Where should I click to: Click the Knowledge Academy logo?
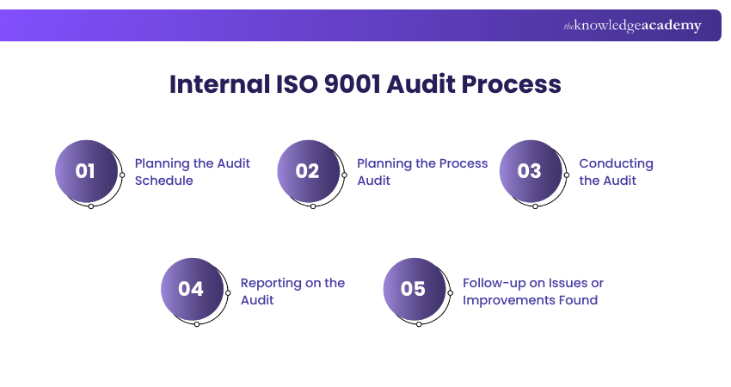632,26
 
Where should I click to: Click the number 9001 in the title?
352,84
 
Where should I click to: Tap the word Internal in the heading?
219,84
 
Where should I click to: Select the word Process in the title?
512,84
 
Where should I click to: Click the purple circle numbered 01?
87,171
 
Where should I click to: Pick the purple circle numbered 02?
309,171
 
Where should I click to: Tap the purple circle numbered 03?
531,171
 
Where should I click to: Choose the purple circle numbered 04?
193,289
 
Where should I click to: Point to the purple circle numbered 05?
415,289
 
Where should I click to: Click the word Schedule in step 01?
163,181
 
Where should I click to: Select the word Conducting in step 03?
616,164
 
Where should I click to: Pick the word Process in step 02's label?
464,163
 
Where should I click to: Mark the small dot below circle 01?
91,206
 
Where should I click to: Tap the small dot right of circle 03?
567,175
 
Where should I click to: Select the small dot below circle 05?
419,324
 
